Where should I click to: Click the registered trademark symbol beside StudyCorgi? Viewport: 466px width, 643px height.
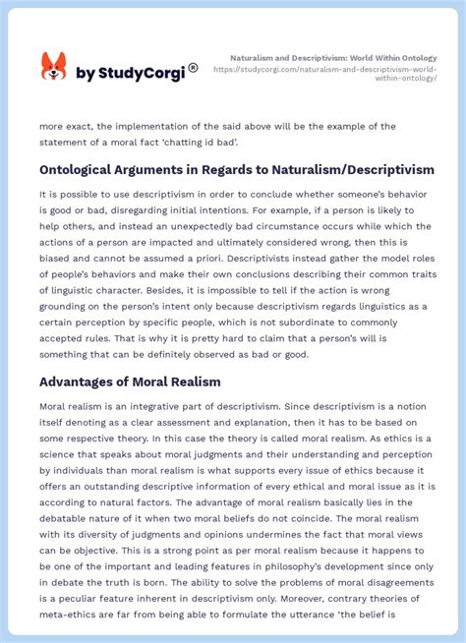[193, 68]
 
